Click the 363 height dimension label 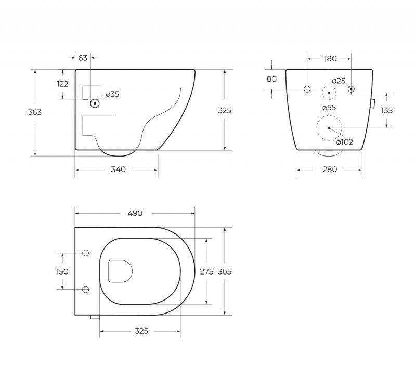click(35, 112)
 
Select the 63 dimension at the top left click(83, 58)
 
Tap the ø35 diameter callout click(112, 94)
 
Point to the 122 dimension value click(62, 84)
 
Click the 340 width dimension click(119, 170)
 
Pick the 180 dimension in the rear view click(330, 59)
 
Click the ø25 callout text click(339, 81)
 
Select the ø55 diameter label click(329, 108)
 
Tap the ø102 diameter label click(345, 142)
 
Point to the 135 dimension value click(386, 110)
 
